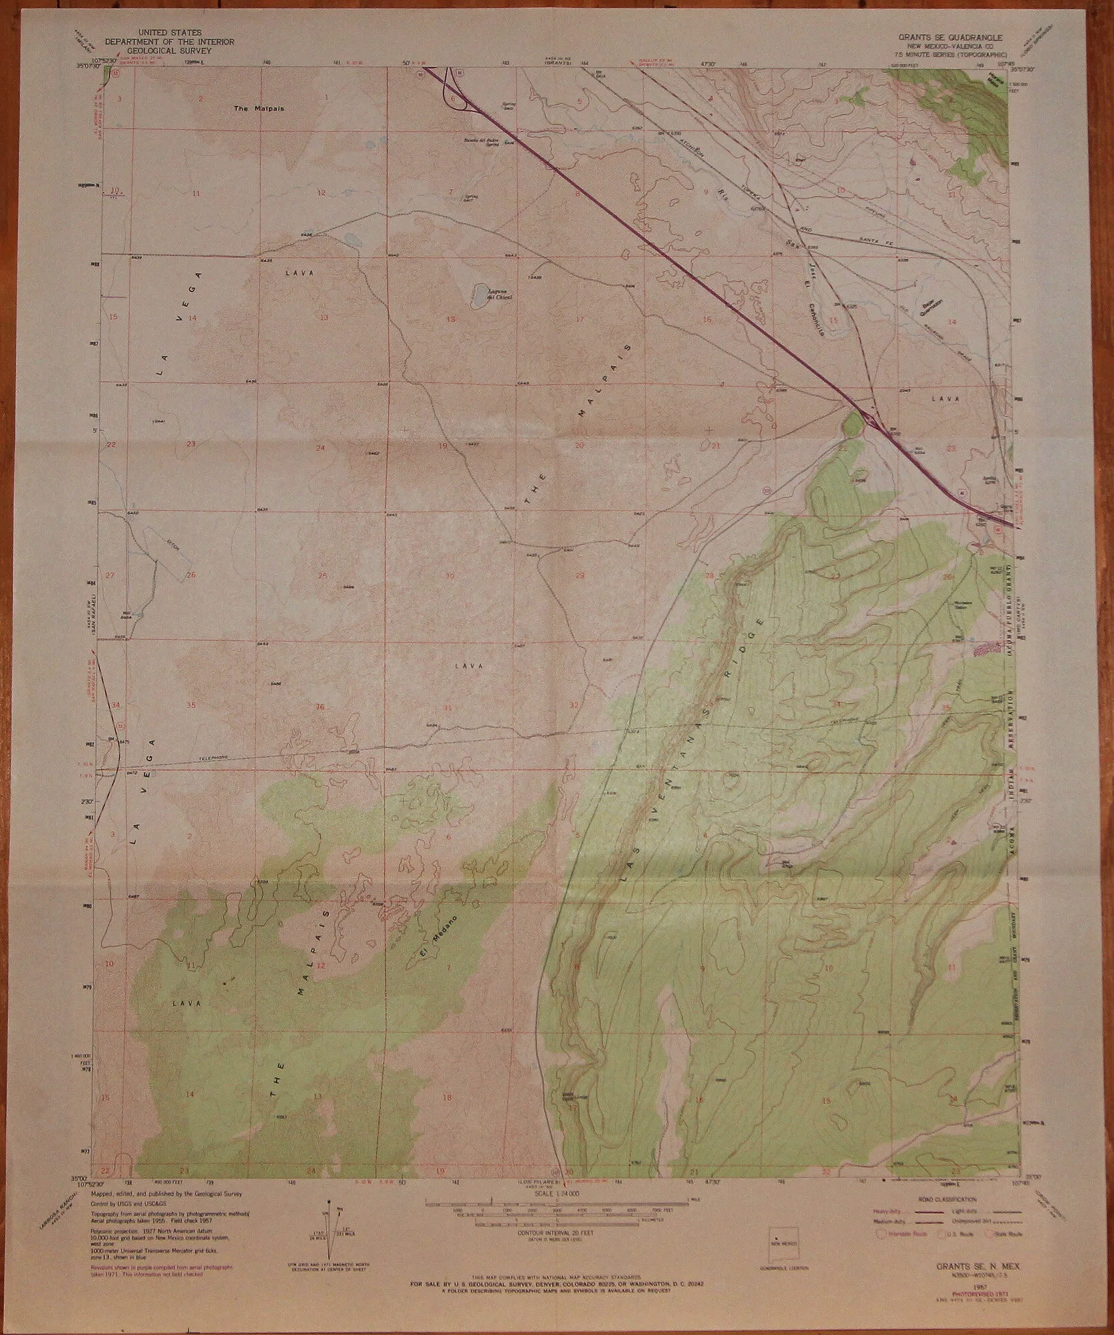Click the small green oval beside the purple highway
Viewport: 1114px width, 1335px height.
tap(852, 424)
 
